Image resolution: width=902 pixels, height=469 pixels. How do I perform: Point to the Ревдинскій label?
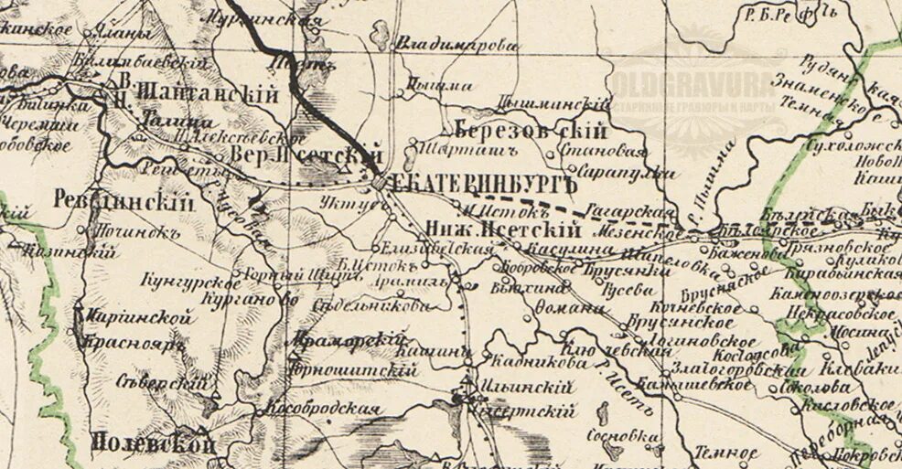(125, 200)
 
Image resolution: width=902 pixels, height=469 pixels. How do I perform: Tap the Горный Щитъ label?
(272, 274)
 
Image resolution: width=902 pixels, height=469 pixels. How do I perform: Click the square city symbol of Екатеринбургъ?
(380, 185)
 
